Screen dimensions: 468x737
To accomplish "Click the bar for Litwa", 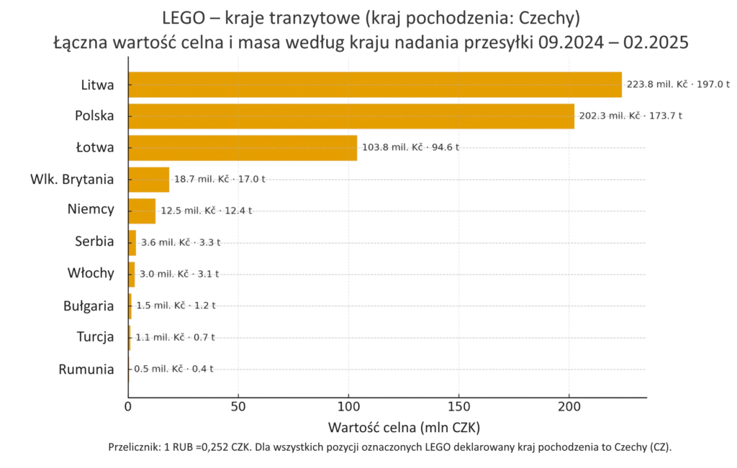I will pos(374,85).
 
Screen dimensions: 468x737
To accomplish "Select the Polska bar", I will pos(351,116).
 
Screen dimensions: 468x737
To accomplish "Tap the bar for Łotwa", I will pos(243,148).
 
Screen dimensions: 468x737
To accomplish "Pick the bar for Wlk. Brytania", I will pos(149,180).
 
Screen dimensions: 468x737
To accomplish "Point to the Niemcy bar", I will pos(142,211).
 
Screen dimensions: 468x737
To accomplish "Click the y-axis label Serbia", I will pos(94,242).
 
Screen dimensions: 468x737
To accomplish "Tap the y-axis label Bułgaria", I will pos(89,306).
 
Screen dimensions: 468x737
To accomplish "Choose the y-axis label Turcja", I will pos(95,337).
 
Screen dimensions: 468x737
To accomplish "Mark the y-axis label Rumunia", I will pos(86,370).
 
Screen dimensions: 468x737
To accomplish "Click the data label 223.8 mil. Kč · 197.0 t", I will pos(678,84).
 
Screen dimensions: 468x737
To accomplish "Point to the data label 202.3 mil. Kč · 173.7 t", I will pos(631,116).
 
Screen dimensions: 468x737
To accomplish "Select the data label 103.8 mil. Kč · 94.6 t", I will pos(410,147).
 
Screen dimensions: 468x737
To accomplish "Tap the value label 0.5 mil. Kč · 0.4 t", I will pos(173,369).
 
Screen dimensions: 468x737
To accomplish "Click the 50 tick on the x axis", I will pos(238,406).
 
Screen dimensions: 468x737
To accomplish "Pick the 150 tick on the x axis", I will pos(459,406).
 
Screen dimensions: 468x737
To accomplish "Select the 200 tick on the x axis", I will pos(569,406).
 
